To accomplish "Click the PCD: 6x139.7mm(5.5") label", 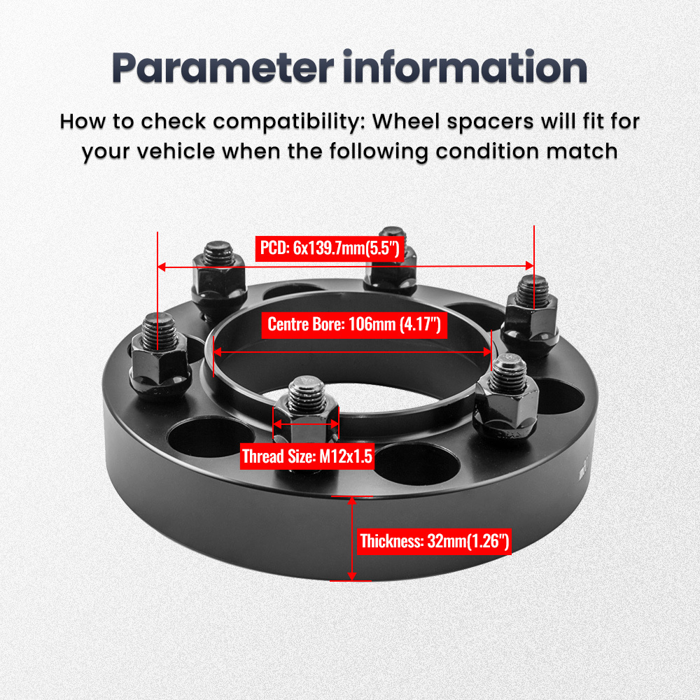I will click(329, 248).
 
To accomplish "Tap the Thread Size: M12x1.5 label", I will click(307, 458).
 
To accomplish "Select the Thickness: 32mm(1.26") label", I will click(434, 541).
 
